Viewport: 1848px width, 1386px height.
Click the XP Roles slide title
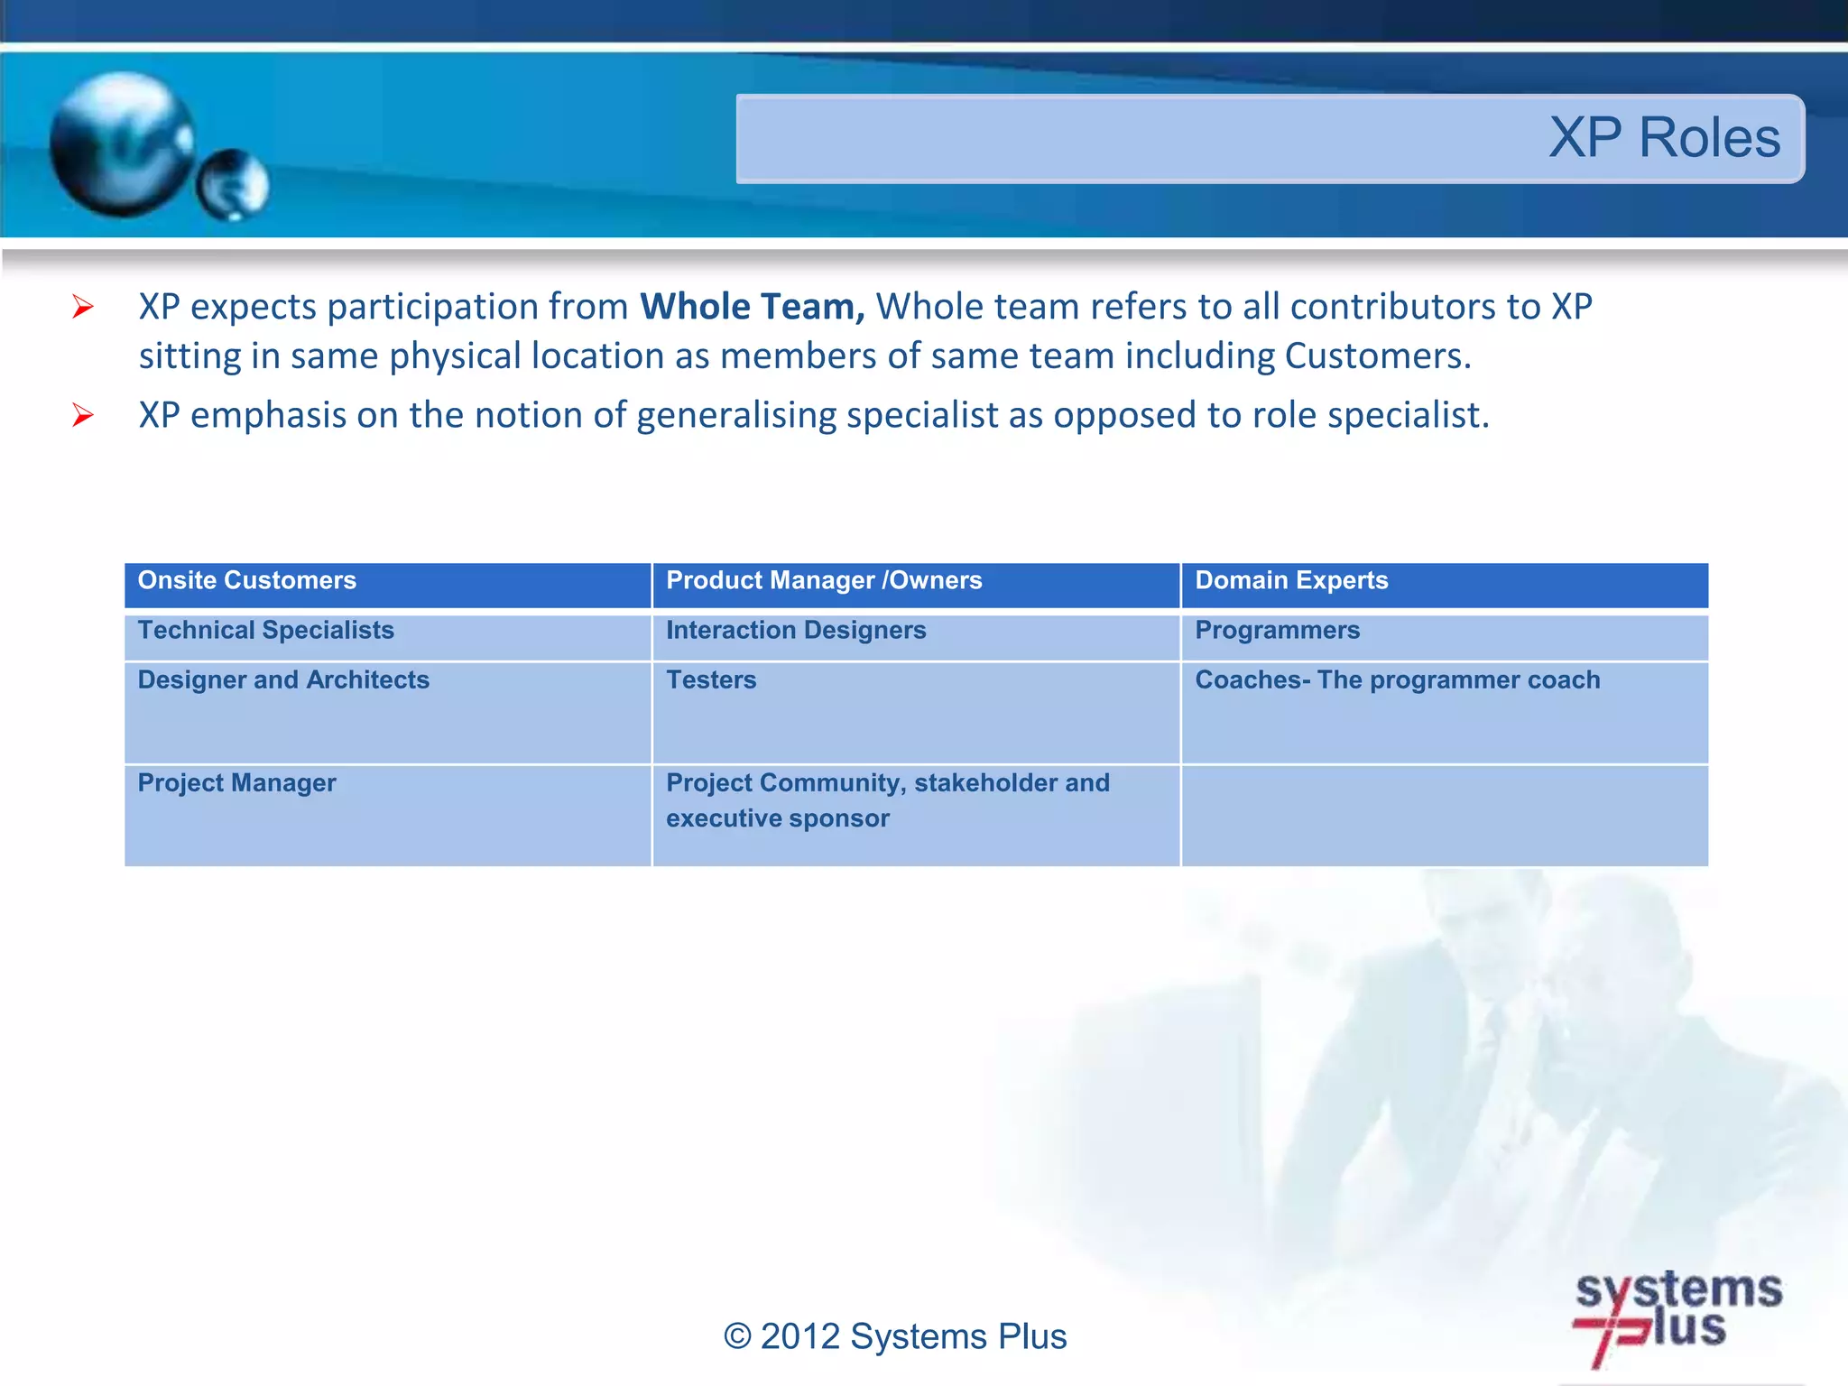tap(1664, 138)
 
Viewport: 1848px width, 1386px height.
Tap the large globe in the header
tap(122, 144)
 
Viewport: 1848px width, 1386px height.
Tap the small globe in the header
tap(233, 185)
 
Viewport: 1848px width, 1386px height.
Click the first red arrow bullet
tap(83, 308)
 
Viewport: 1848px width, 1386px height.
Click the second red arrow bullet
tap(83, 416)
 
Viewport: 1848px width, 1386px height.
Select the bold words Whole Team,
tap(752, 307)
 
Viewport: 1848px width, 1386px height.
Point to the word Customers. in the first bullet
tap(1377, 356)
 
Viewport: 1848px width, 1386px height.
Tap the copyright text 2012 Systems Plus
tap(895, 1336)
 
